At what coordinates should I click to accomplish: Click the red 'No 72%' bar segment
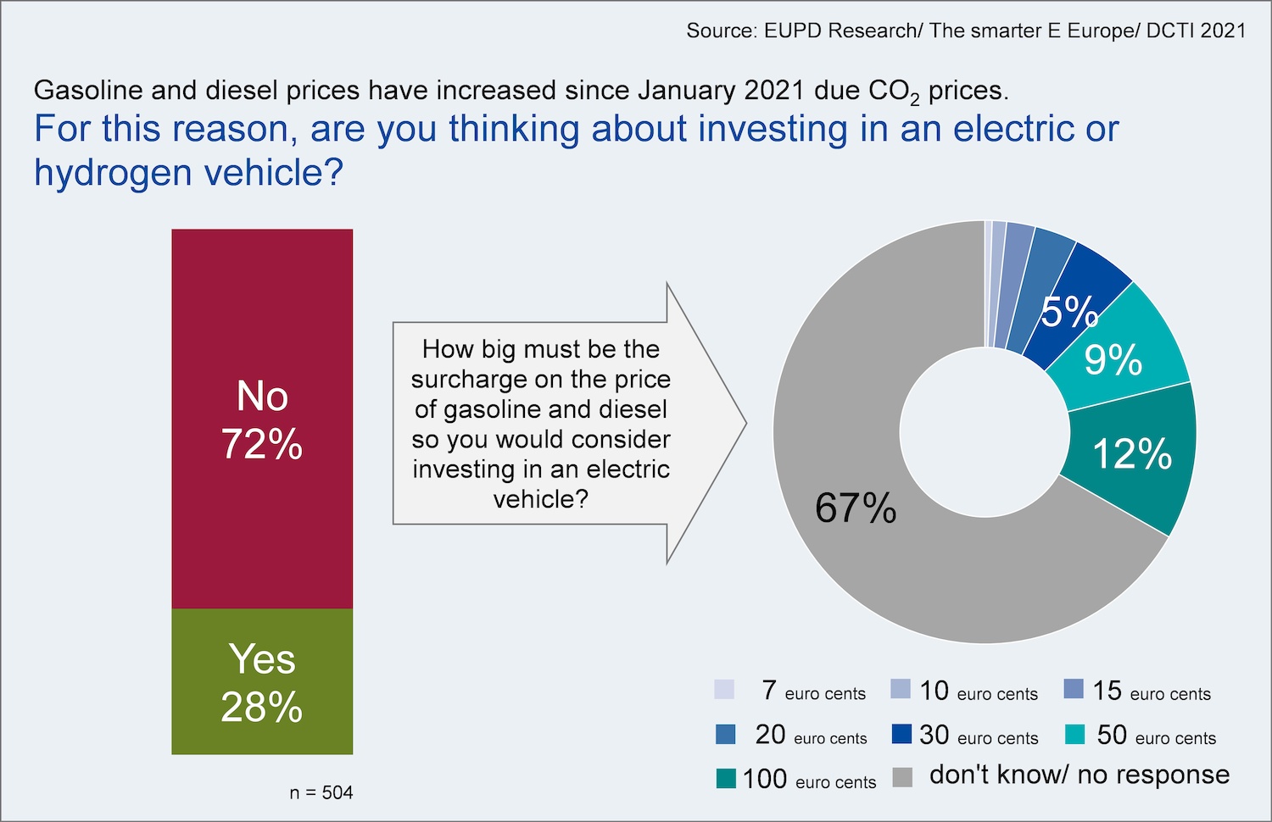(262, 419)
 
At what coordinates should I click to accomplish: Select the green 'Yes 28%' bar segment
(262, 681)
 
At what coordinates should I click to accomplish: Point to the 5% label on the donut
(1069, 312)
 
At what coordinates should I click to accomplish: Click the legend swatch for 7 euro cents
(724, 689)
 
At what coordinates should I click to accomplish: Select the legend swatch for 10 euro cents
(901, 689)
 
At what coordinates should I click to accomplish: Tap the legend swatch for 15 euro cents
(1074, 689)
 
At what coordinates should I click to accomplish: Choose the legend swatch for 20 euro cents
(726, 734)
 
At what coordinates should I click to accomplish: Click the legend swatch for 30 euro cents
(901, 734)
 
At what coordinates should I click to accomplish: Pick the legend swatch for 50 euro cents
(1075, 734)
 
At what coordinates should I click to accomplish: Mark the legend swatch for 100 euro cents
(726, 778)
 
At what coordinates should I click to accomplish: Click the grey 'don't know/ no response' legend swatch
(902, 777)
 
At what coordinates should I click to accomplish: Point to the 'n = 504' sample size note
(321, 792)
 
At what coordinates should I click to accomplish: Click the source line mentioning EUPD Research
(966, 31)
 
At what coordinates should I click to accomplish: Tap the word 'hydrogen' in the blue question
(113, 173)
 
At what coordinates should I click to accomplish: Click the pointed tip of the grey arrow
(746, 423)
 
